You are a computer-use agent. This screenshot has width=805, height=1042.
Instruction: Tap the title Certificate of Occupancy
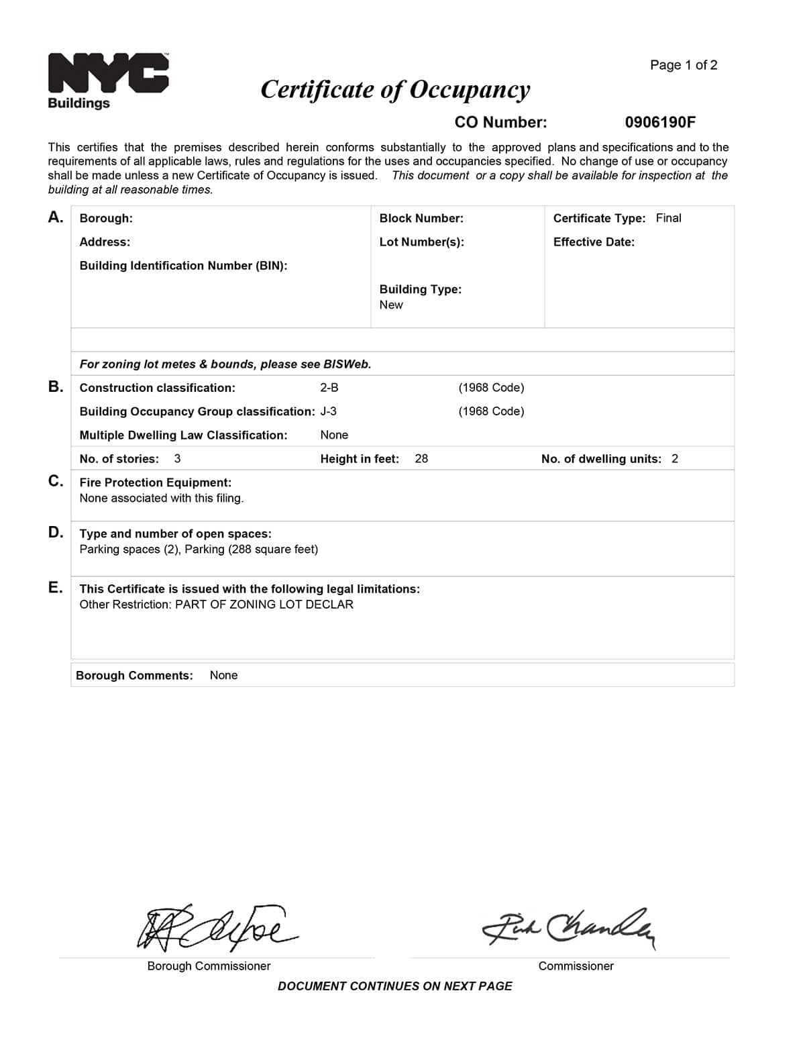tap(395, 89)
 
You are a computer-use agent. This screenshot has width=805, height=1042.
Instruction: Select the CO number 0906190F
tap(660, 122)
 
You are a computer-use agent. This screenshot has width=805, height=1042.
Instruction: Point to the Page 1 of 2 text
tap(683, 65)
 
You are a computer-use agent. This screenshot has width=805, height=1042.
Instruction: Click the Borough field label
tap(106, 218)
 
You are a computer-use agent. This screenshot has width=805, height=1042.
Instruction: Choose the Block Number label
tap(421, 218)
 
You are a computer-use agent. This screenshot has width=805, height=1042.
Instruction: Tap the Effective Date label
tap(594, 242)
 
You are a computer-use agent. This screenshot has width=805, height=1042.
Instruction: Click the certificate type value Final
tap(668, 218)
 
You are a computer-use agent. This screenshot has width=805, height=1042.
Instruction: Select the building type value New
tap(391, 305)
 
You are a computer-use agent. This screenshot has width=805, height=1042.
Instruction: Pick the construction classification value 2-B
tap(329, 388)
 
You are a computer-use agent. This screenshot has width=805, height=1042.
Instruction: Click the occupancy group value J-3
tap(329, 411)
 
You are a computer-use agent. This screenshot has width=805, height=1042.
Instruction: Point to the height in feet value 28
tap(421, 459)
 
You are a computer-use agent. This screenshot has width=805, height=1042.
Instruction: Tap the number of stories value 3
tap(177, 459)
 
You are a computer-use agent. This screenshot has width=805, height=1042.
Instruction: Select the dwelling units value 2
tap(675, 459)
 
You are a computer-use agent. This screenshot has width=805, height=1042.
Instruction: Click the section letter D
tap(56, 533)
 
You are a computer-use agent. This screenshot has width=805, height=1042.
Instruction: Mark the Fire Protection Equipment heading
tap(155, 482)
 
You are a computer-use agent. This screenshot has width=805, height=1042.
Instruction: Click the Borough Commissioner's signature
tap(215, 926)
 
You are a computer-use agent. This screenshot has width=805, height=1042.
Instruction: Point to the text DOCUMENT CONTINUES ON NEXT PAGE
tap(394, 986)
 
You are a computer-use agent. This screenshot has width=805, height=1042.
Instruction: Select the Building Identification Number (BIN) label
tap(183, 266)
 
